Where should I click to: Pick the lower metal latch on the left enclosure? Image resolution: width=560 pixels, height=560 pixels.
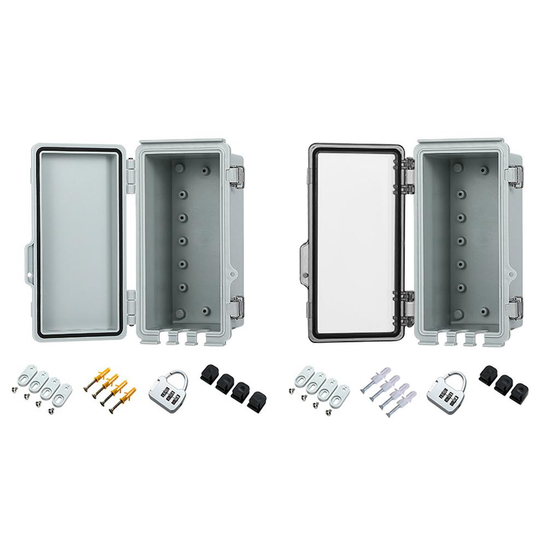click(x=237, y=308)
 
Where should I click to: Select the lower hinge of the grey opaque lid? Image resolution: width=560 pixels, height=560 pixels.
click(x=131, y=304)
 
